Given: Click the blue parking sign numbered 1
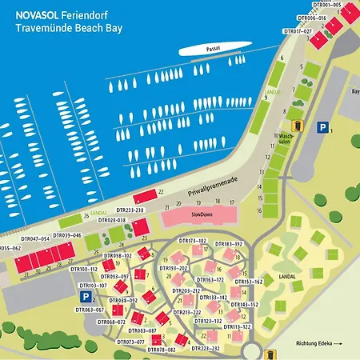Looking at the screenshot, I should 322,128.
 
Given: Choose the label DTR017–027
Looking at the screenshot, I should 298,30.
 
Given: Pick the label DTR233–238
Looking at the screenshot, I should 127,210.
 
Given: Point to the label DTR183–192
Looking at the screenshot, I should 228,243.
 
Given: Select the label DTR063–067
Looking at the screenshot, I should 89,310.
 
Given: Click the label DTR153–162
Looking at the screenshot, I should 248,282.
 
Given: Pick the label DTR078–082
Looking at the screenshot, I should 161,350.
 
